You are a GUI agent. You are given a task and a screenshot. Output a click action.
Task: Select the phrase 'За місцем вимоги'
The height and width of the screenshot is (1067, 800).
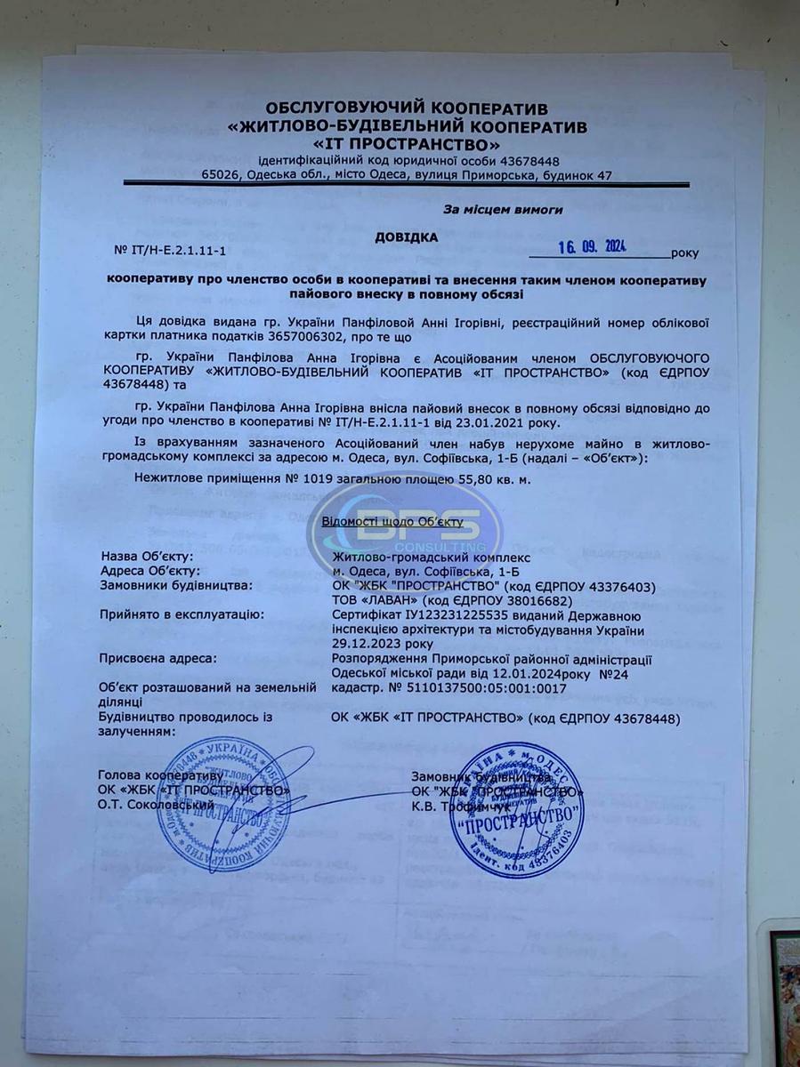pos(503,210)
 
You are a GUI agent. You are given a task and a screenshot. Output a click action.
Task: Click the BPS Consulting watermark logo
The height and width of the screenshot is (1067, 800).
pos(405,532)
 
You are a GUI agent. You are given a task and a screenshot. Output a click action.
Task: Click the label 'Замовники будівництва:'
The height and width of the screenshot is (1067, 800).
pos(177,585)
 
